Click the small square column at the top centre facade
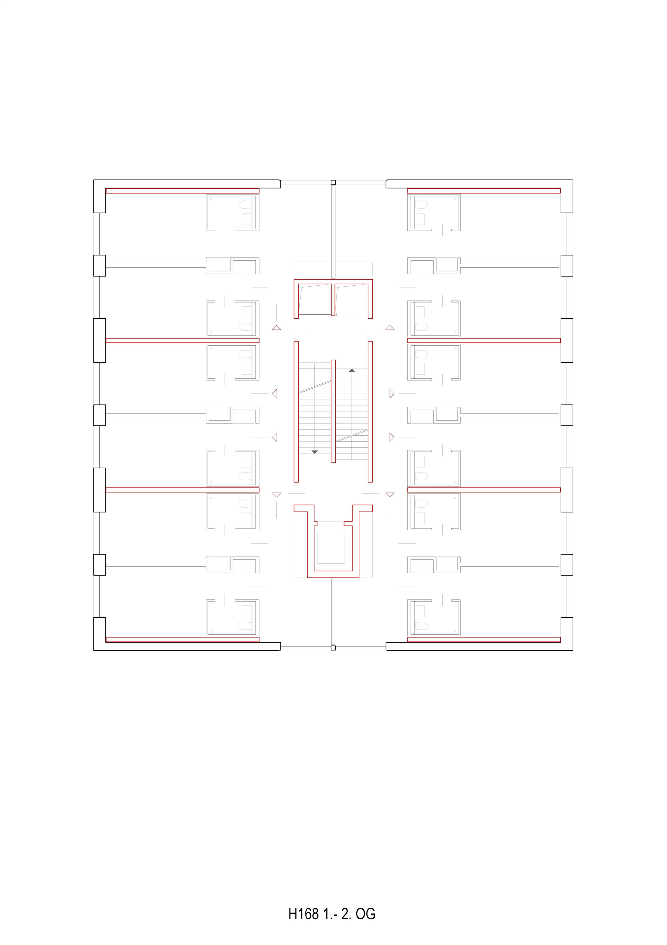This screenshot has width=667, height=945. point(333,182)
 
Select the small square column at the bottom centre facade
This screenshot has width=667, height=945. point(333,648)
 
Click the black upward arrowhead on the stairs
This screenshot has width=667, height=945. point(352,370)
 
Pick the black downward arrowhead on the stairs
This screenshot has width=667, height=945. point(315,452)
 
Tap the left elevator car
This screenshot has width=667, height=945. point(315,299)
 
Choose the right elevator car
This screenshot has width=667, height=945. point(352,299)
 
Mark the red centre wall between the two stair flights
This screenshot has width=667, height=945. point(333,411)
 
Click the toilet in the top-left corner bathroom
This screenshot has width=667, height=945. point(245,205)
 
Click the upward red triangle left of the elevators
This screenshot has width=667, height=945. point(276,328)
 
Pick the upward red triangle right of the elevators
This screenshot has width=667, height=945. point(390,328)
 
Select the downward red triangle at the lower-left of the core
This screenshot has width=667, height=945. point(276,495)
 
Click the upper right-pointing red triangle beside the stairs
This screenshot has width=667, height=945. point(392,394)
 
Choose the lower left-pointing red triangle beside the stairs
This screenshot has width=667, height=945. point(275,437)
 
